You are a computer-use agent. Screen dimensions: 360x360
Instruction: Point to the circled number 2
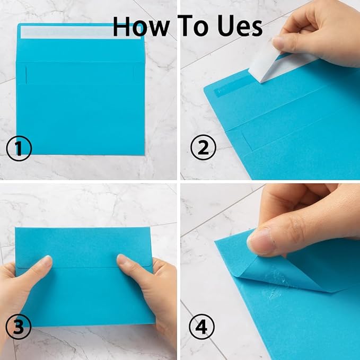click(203, 148)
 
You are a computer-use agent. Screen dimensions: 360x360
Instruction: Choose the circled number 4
click(203, 327)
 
